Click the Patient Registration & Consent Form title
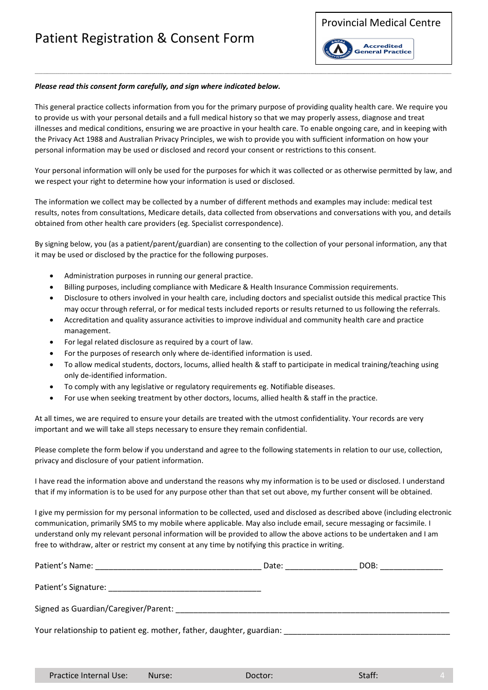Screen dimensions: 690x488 (x=144, y=39)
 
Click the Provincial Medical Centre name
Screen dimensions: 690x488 (x=381, y=23)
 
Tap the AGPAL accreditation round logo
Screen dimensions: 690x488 (x=337, y=49)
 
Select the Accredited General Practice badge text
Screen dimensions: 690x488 (x=383, y=49)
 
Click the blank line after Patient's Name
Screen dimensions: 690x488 (x=178, y=567)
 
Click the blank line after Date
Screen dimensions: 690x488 (x=321, y=567)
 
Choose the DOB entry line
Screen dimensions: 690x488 (x=411, y=567)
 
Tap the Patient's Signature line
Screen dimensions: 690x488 (x=184, y=588)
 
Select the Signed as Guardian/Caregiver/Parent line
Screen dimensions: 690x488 (x=312, y=610)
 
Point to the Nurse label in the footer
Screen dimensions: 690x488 (x=160, y=676)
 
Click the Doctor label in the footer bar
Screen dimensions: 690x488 (x=259, y=676)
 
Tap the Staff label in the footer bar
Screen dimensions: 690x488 (x=368, y=676)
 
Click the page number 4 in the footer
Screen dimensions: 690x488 (x=442, y=676)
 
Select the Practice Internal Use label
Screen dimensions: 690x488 (x=88, y=676)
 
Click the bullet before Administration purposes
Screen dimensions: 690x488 (x=52, y=276)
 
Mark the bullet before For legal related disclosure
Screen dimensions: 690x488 (x=52, y=342)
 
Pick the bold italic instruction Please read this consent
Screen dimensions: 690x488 (x=157, y=86)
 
